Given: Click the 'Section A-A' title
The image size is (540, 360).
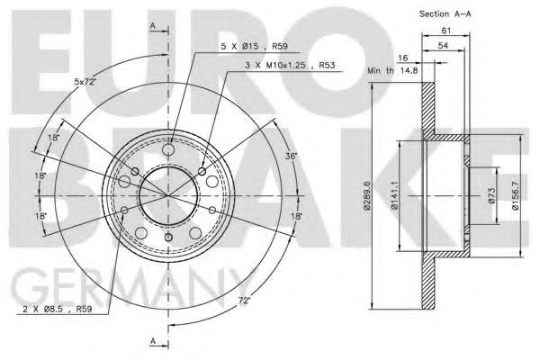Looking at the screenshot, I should [x=445, y=13].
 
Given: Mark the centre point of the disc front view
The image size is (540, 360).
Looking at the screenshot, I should [x=166, y=193].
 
